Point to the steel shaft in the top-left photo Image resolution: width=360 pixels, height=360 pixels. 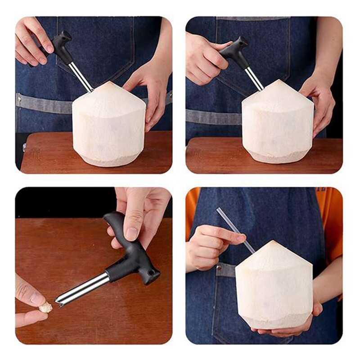(x=81, y=76)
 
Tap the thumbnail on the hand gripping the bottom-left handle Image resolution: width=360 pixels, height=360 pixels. (x=132, y=233)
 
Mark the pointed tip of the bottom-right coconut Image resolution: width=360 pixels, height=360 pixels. (x=272, y=242)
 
